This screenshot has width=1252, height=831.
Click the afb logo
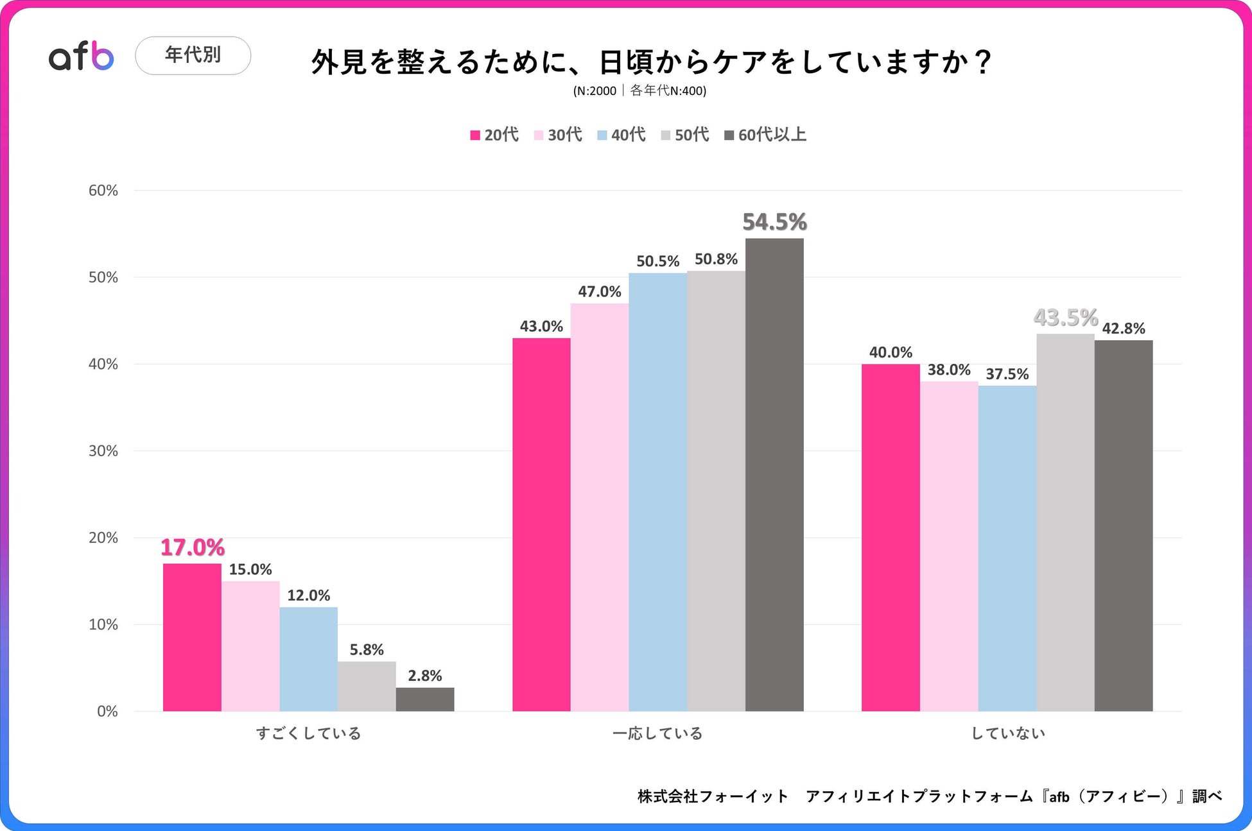[82, 56]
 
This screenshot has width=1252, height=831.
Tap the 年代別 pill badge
[193, 55]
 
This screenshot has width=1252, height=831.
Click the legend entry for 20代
[494, 135]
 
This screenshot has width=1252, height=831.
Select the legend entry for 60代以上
[765, 135]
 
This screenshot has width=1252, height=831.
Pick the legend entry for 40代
[622, 135]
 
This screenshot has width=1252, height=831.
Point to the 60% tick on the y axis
[103, 191]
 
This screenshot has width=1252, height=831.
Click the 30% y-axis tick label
[103, 451]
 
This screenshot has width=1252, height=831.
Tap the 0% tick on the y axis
[107, 711]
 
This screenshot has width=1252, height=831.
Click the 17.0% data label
[193, 547]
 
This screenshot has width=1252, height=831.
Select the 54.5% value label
[774, 222]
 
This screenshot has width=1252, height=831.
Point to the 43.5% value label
[1065, 317]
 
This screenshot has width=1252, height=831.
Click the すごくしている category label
[308, 733]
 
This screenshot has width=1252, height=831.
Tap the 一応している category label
[657, 733]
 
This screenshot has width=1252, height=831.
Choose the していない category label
[1007, 733]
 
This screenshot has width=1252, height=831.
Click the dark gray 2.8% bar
[425, 699]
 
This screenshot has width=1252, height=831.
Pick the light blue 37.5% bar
[1007, 548]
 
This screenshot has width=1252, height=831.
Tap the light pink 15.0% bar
[250, 646]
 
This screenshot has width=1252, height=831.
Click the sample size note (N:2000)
[595, 91]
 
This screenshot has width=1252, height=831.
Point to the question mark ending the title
[982, 62]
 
